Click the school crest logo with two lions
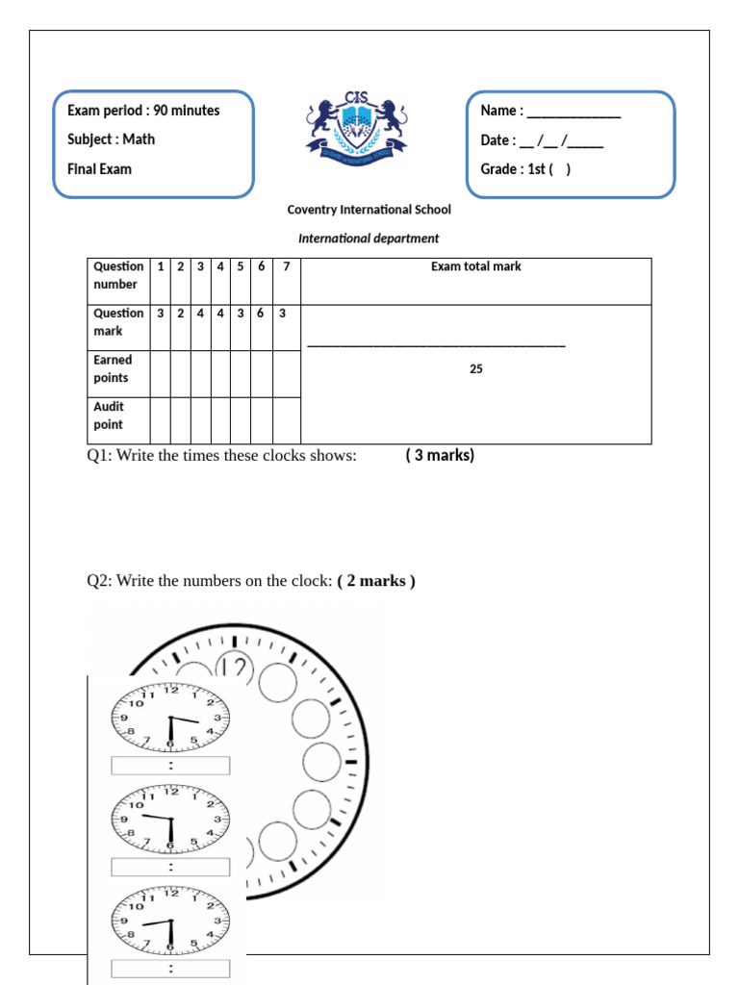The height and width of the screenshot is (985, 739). [356, 126]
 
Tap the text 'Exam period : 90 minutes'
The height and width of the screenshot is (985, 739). [143, 111]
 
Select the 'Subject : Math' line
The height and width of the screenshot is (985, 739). [111, 139]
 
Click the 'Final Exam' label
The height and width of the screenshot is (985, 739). [99, 169]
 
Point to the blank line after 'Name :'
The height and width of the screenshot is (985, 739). [573, 113]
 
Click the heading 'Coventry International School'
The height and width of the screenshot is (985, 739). [369, 210]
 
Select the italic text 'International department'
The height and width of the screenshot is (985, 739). [369, 239]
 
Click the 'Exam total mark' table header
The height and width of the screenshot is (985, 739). [475, 266]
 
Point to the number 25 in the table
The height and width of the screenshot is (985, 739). [475, 368]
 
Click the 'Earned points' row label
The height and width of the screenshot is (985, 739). [114, 368]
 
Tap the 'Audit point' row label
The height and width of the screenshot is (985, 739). [109, 416]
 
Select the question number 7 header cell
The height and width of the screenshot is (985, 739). [286, 266]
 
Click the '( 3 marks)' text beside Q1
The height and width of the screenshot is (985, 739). [440, 455]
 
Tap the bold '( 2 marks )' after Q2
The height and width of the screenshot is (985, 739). [376, 581]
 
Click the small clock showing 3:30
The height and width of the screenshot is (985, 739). [170, 717]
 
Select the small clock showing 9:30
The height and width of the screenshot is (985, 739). [170, 820]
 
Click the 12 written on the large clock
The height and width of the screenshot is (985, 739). [234, 667]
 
